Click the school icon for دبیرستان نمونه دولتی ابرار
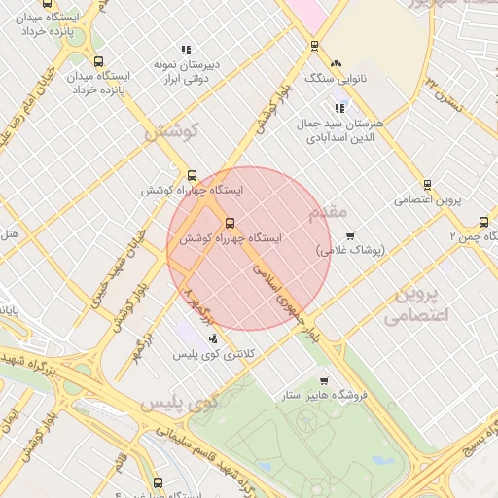[186, 50]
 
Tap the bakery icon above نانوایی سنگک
[337, 63]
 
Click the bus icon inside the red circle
[230, 223]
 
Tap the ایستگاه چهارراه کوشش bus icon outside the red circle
[192, 176]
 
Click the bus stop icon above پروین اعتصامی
[427, 185]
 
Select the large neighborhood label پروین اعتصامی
[419, 303]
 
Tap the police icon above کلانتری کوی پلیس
[213, 338]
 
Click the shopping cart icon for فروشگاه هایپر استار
[324, 381]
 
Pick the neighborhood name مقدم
[325, 211]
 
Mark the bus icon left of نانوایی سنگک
[313, 46]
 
